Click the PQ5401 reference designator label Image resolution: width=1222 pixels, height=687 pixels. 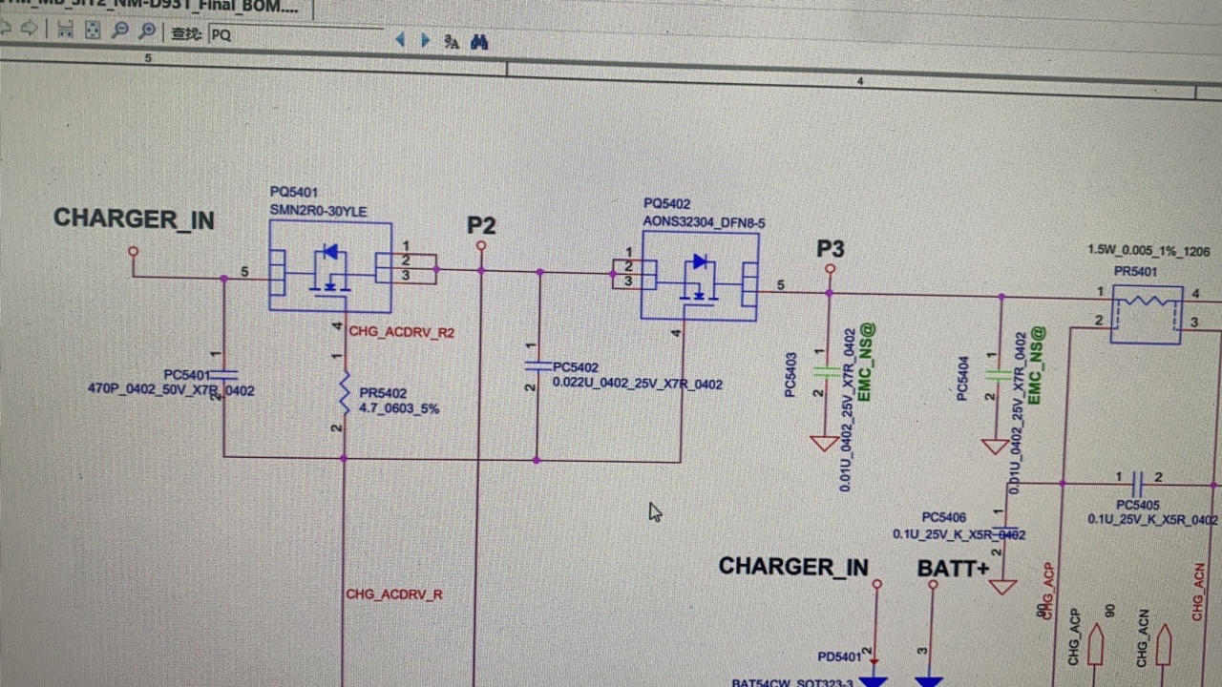point(293,192)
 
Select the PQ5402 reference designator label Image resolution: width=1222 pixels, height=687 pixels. point(666,203)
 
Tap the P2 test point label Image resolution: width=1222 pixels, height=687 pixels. point(481,226)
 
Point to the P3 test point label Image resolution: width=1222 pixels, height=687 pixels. point(831,249)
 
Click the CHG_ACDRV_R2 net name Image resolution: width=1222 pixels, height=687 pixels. point(401,332)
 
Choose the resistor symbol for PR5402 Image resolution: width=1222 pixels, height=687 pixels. point(345,393)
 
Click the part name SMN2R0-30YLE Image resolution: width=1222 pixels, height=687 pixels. point(318,211)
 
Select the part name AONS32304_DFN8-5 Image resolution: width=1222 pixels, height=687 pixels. point(704,222)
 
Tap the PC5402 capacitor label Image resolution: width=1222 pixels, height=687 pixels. point(576,367)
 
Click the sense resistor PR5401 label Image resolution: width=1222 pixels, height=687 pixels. point(1135,271)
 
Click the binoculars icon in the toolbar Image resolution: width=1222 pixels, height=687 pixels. point(479,42)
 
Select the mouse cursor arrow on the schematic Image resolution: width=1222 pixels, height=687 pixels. point(654,512)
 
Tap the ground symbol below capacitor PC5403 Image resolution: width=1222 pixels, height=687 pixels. point(824,443)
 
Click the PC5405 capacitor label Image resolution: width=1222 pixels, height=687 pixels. point(1137,505)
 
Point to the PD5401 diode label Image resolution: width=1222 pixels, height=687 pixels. point(840,656)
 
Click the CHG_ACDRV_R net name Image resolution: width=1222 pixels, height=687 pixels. point(393,594)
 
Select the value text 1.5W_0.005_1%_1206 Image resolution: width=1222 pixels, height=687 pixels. point(1148,250)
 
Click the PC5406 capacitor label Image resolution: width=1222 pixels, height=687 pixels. point(943,518)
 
